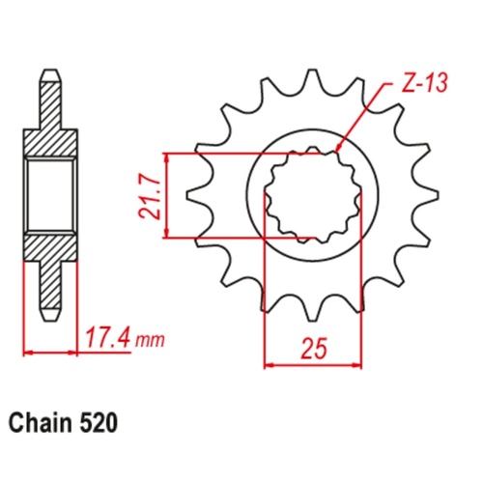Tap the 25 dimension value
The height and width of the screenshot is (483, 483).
[311, 345]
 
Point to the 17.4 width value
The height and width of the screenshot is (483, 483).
[109, 339]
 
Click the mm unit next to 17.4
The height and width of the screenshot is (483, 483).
[150, 341]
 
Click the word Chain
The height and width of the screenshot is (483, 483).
[43, 423]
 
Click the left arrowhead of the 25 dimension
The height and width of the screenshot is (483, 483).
[268, 365]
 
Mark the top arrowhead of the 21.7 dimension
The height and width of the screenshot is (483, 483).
[169, 157]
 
